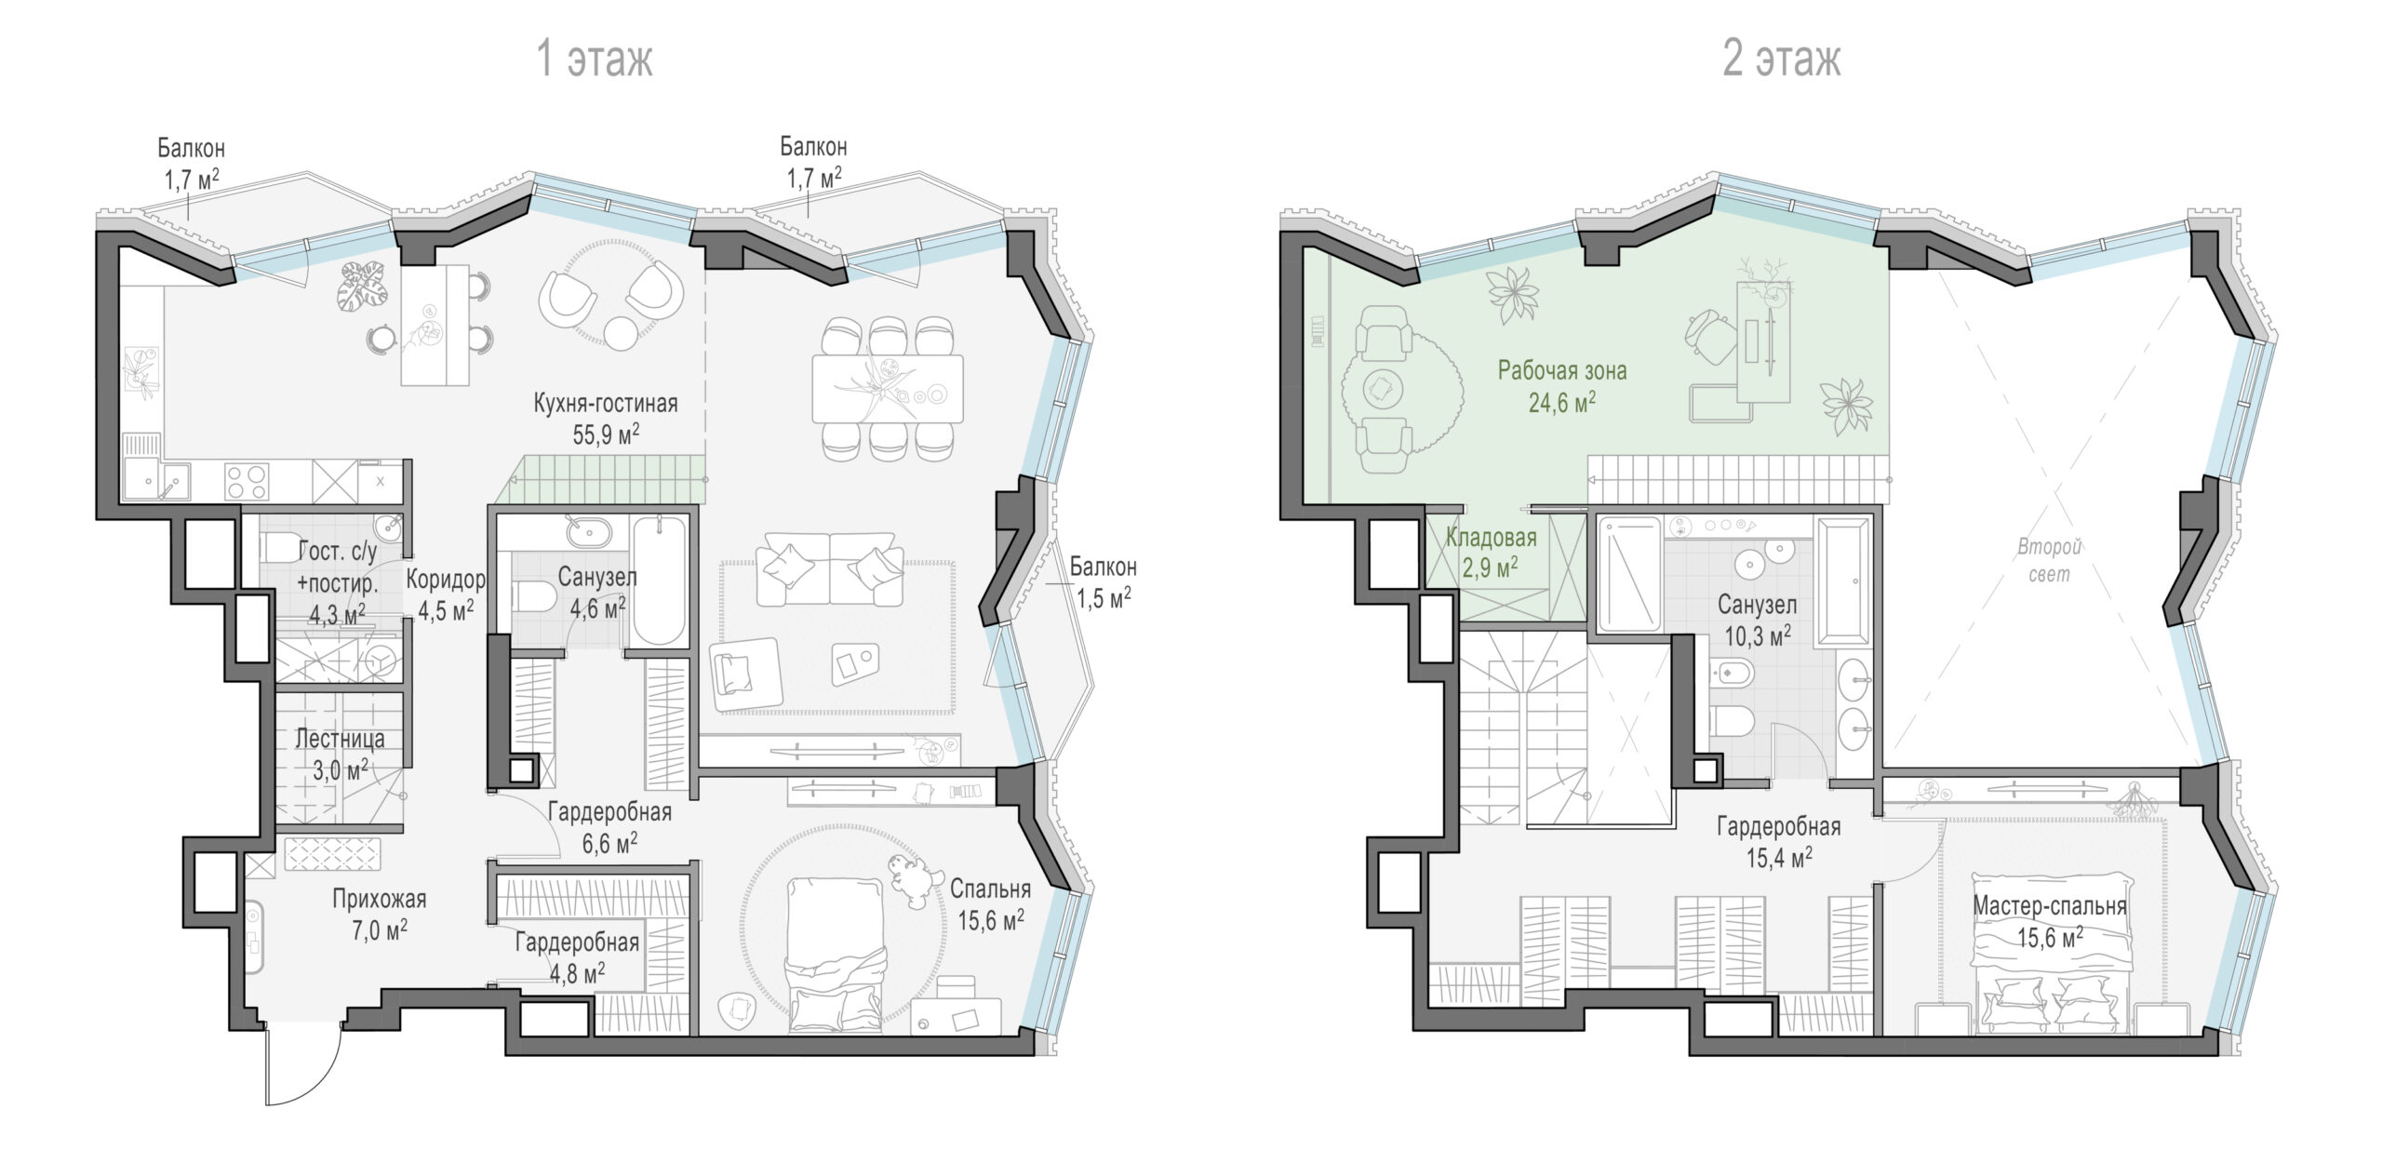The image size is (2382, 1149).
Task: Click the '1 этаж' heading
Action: click(x=595, y=60)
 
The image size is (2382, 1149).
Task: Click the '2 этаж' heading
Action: click(x=1782, y=60)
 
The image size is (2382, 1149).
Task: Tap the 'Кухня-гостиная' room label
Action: click(x=606, y=403)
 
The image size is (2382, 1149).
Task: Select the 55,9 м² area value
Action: click(x=606, y=434)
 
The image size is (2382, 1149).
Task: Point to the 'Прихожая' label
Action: click(x=380, y=899)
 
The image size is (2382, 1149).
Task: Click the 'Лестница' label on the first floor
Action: click(x=340, y=739)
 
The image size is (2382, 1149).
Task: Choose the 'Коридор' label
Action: click(x=446, y=580)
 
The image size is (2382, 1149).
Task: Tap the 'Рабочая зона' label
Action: click(x=1562, y=370)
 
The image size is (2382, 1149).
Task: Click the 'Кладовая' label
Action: click(x=1491, y=537)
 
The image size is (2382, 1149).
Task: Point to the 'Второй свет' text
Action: click(x=2049, y=560)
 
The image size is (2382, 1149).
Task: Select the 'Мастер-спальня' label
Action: click(x=2050, y=905)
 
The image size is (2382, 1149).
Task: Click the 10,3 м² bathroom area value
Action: click(x=1756, y=636)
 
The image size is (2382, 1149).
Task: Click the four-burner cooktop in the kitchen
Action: click(x=248, y=481)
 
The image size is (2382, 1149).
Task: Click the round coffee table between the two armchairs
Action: click(x=621, y=331)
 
